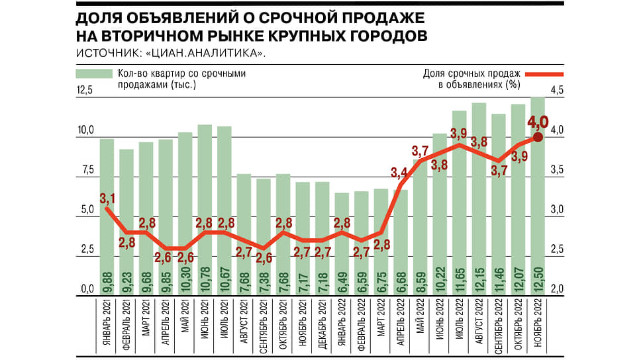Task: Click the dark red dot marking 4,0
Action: click(538, 137)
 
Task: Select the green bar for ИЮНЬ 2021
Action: click(205, 210)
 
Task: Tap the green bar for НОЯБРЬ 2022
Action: click(538, 196)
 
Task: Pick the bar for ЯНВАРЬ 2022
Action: click(342, 244)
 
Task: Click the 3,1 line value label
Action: click(107, 199)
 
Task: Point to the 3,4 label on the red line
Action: click(399, 173)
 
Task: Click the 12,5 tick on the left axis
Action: click(85, 90)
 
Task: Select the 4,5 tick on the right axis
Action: click(557, 90)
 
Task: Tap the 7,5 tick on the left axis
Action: click(87, 169)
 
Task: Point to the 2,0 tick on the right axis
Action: click(557, 289)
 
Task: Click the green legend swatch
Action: click(94, 73)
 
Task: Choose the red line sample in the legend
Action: click(544, 74)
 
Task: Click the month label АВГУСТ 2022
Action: click(479, 321)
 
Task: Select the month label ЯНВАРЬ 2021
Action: click(107, 322)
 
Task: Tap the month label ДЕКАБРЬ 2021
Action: click(322, 324)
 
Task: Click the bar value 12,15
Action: click(479, 281)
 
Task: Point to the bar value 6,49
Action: click(342, 283)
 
